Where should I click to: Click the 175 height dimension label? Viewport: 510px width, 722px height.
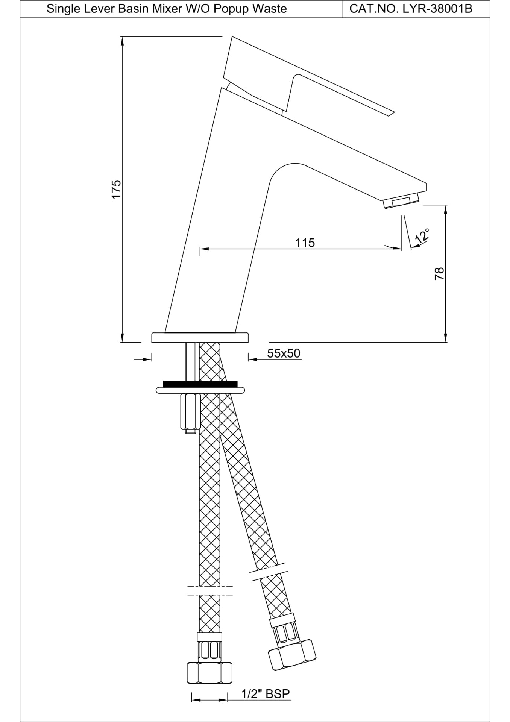pos(116,189)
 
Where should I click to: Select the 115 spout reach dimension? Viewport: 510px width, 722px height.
pos(305,243)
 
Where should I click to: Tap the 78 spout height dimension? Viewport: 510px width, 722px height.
pos(440,273)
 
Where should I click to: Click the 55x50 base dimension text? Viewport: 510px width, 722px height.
pos(284,353)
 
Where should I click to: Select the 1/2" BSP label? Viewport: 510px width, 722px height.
pos(266,694)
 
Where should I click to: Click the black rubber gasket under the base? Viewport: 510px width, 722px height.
pos(200,384)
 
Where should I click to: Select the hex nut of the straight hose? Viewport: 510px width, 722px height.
pos(209,673)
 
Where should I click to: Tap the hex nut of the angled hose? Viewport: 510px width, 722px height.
pos(292,655)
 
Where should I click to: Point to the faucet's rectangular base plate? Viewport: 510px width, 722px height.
pos(200,337)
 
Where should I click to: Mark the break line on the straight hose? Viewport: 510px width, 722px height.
pos(210,590)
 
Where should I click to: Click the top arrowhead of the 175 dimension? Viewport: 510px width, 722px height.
pos(122,40)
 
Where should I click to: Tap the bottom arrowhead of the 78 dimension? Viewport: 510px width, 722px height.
pos(446,338)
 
